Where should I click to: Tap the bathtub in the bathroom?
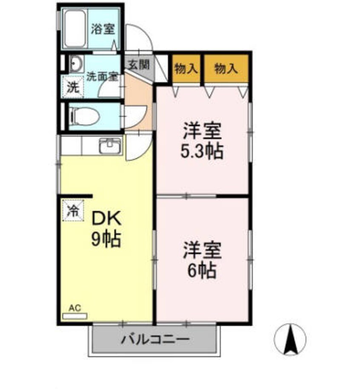coord(76,29)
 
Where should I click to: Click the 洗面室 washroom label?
coord(102,77)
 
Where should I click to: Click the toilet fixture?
coord(84,115)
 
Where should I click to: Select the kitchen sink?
coord(110,146)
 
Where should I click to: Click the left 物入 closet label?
coord(186,68)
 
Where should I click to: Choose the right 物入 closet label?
coord(226,68)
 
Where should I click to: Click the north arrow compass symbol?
coord(291,339)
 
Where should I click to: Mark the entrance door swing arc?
coord(140,37)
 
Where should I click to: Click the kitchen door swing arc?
coord(138,147)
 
